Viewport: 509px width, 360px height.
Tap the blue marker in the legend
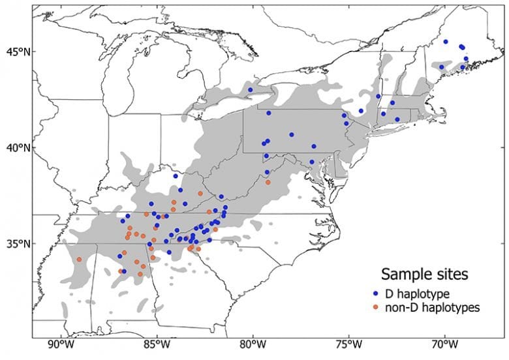(x=377, y=294)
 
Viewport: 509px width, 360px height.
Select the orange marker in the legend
(x=377, y=307)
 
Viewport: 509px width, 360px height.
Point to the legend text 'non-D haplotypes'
(x=431, y=307)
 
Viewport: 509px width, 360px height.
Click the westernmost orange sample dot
(x=79, y=260)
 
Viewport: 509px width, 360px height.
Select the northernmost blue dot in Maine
(x=446, y=42)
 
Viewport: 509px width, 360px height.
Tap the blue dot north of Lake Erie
(x=251, y=90)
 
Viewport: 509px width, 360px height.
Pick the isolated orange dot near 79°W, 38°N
(x=268, y=183)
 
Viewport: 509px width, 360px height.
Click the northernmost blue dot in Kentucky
(x=176, y=176)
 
